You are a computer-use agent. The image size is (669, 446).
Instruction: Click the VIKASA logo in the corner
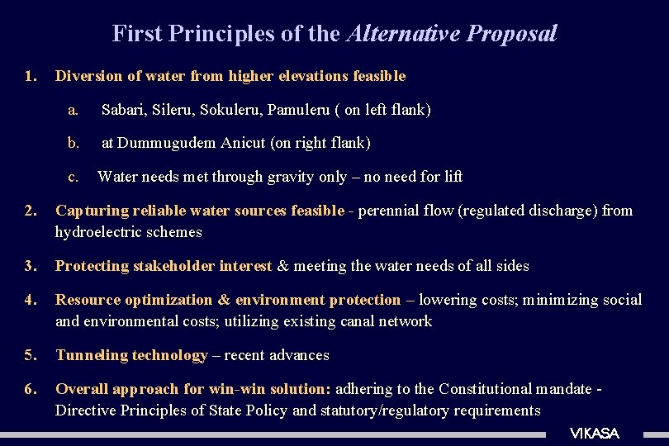pos(594,434)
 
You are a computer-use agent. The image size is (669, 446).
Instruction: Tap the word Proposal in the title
pos(512,34)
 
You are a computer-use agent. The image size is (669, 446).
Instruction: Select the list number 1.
pos(30,76)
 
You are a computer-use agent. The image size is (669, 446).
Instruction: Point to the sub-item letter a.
pos(74,109)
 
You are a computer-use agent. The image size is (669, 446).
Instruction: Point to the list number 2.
pos(30,211)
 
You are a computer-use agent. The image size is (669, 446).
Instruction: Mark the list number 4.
pos(30,300)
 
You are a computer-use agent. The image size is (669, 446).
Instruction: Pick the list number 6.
pos(30,389)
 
